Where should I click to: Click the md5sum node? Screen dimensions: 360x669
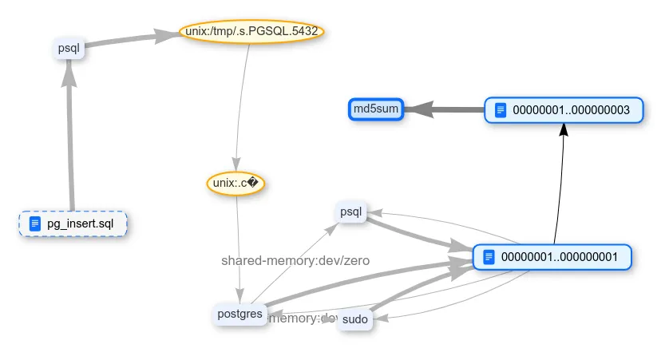click(x=376, y=109)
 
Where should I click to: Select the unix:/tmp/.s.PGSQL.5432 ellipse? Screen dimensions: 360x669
click(x=251, y=32)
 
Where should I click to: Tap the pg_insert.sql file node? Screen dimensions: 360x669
click(x=73, y=224)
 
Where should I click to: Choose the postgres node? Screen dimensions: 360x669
click(x=239, y=314)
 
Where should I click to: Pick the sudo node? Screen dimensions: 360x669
click(x=354, y=319)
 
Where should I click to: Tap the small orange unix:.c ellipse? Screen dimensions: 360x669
click(x=235, y=183)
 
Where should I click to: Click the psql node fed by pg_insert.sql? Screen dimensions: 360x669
click(x=69, y=48)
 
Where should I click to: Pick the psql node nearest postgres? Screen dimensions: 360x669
click(x=351, y=212)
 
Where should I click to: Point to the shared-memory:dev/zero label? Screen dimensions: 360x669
click(x=295, y=260)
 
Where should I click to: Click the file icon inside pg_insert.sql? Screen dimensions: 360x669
click(x=35, y=224)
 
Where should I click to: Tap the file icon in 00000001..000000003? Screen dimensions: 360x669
click(x=501, y=110)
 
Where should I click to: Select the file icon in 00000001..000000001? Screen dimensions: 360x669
click(x=489, y=257)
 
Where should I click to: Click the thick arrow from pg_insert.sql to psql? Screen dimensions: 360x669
click(x=70, y=144)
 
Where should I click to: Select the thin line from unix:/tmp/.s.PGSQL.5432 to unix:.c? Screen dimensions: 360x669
click(x=241, y=96)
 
